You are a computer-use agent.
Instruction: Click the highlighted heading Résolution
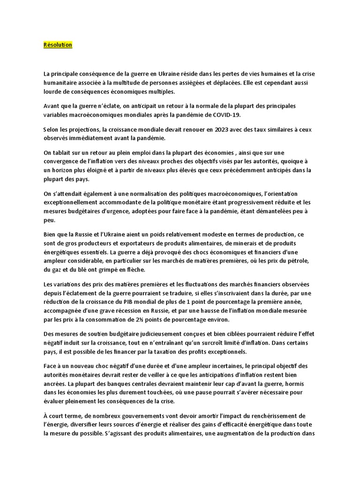[58, 45]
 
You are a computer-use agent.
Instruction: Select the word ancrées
[55, 384]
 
